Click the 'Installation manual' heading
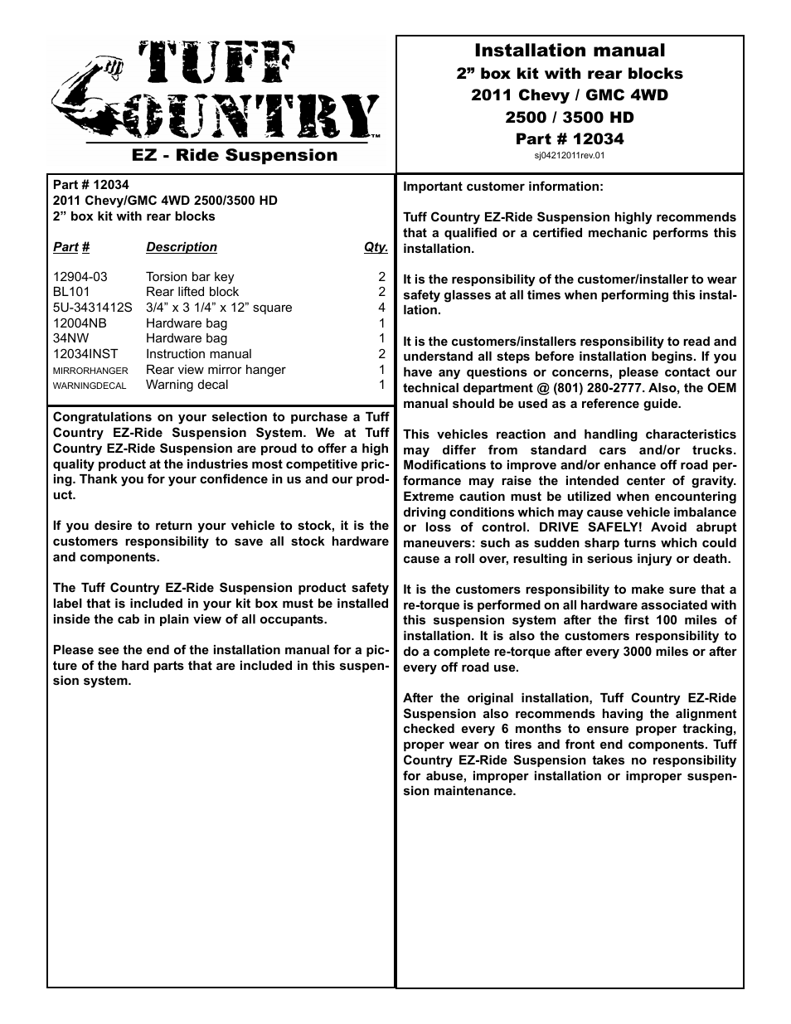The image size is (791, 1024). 569,51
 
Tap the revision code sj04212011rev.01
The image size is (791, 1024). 569,154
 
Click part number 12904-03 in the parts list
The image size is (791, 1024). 80,277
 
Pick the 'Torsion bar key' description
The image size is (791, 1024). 190,277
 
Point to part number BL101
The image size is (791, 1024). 71,292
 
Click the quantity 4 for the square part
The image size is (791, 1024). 382,308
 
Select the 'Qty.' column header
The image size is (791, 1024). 376,247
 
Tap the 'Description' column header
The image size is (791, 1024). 182,247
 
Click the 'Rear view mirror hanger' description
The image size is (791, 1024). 216,370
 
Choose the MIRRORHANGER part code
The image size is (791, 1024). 90,371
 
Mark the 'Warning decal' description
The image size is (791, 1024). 187,385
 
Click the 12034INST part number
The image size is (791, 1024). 85,354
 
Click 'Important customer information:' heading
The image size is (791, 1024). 503,187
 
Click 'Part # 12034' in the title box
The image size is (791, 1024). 569,138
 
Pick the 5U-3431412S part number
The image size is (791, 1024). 92,308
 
